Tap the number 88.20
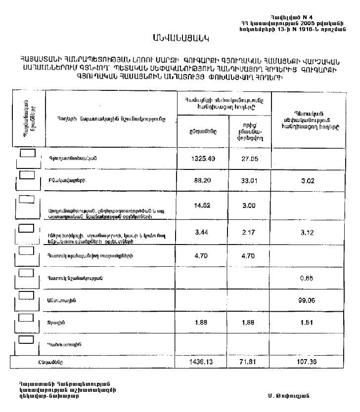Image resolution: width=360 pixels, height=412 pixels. (x=202, y=181)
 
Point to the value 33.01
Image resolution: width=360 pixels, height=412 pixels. (x=250, y=181)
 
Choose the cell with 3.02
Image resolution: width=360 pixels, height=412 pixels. (x=308, y=181)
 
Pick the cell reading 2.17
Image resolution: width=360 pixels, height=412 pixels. (x=250, y=232)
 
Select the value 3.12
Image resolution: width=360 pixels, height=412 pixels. (x=308, y=232)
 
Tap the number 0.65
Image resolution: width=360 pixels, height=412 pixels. (x=308, y=278)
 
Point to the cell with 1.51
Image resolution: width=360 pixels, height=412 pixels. (x=308, y=323)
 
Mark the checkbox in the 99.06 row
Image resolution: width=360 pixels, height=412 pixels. (x=27, y=295)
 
